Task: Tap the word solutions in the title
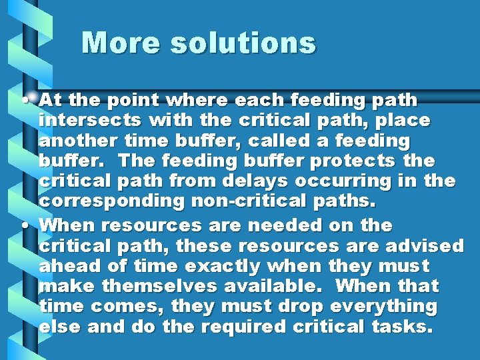pos(242,43)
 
